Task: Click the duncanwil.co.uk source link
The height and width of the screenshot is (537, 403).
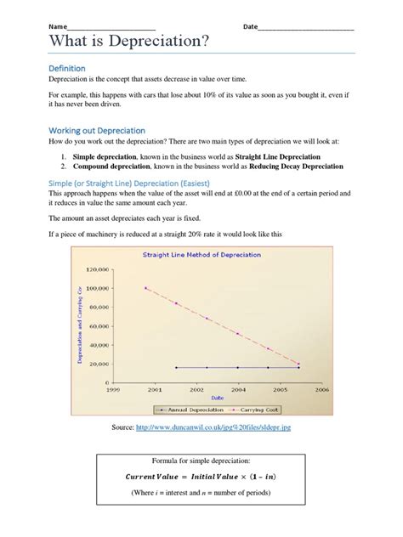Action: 213,427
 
